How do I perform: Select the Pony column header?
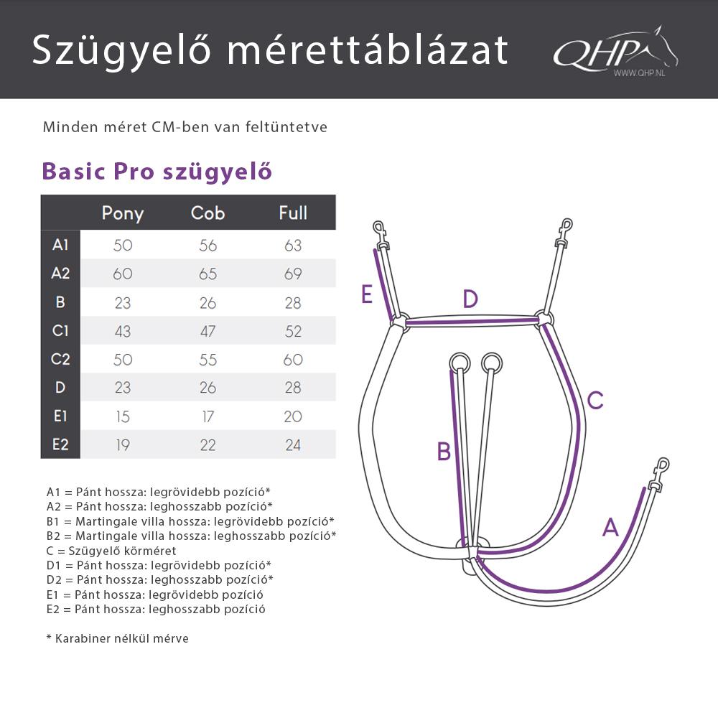pyautogui.click(x=123, y=213)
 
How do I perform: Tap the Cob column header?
pyautogui.click(x=208, y=213)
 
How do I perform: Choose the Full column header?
pyautogui.click(x=293, y=213)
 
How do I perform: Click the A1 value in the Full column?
pyautogui.click(x=293, y=246)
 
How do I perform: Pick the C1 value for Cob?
pyautogui.click(x=208, y=331)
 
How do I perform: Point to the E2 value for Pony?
pyautogui.click(x=123, y=445)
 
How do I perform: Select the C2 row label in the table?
pyautogui.click(x=60, y=360)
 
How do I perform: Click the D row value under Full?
pyautogui.click(x=293, y=388)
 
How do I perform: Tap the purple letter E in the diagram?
pyautogui.click(x=368, y=294)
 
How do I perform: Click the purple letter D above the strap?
pyautogui.click(x=470, y=299)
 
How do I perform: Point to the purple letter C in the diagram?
pyautogui.click(x=595, y=401)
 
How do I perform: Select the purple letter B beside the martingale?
pyautogui.click(x=444, y=452)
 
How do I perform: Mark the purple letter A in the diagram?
pyautogui.click(x=610, y=528)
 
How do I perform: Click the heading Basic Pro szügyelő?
pyautogui.click(x=157, y=172)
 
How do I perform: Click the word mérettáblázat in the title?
pyautogui.click(x=367, y=50)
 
